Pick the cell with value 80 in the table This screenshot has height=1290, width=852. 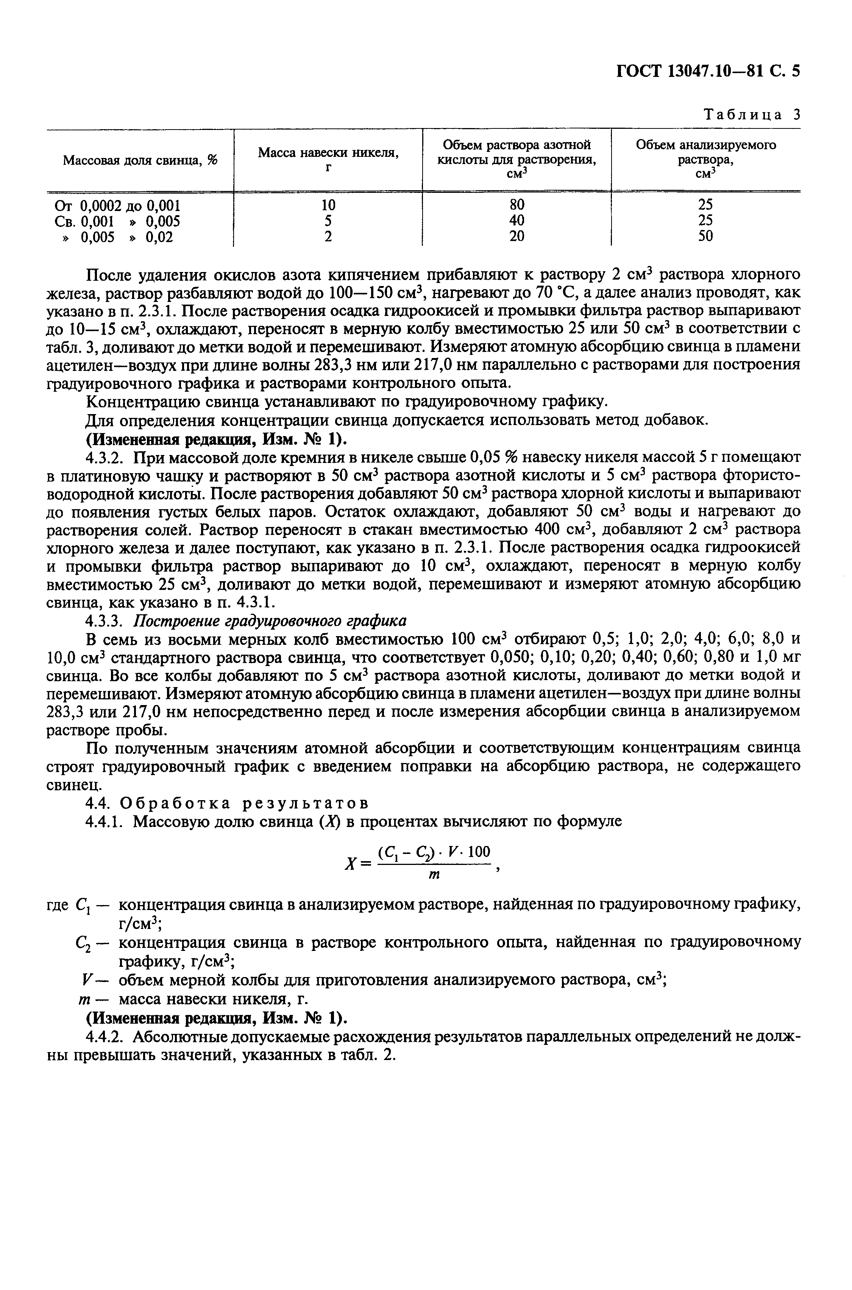pyautogui.click(x=517, y=205)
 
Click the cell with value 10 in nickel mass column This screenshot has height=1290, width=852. pyautogui.click(x=328, y=205)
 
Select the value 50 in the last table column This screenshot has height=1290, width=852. pyautogui.click(x=705, y=236)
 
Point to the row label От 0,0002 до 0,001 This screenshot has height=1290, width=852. pyautogui.click(x=117, y=205)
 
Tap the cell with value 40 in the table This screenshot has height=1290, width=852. pyautogui.click(x=517, y=220)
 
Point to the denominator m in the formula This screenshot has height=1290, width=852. pyautogui.click(x=434, y=875)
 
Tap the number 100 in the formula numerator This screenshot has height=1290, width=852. pyautogui.click(x=478, y=851)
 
